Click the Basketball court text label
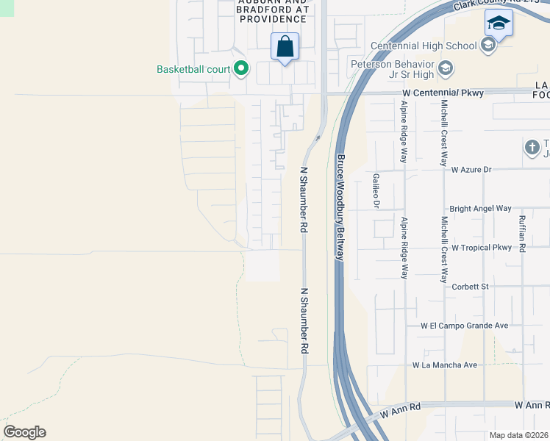tap(194, 70)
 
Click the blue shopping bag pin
tap(285, 47)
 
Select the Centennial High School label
tap(424, 46)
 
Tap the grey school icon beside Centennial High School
tap(487, 46)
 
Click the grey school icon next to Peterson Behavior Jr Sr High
tap(444, 69)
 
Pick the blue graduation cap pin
tap(499, 24)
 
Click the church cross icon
tap(532, 148)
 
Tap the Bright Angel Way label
tap(480, 209)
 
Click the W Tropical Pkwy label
tap(481, 248)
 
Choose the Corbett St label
tap(471, 287)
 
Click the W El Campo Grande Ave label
tap(464, 326)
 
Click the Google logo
tap(24, 432)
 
